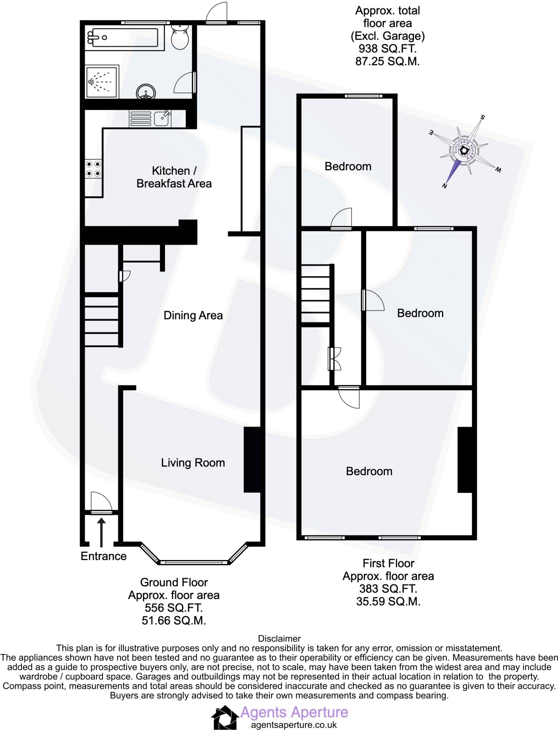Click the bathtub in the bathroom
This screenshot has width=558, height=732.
tap(122, 37)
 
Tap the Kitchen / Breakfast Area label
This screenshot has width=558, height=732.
tap(174, 177)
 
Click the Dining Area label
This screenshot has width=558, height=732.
tap(193, 315)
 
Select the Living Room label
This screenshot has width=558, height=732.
tap(193, 463)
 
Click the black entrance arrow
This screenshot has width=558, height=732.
tap(102, 532)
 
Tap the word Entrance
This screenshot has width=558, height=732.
tap(103, 556)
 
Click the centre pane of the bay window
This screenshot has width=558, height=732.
tap(193, 563)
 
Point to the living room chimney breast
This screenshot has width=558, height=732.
tap(252, 460)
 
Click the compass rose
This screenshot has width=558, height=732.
tap(464, 151)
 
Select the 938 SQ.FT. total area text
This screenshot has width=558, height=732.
tap(387, 49)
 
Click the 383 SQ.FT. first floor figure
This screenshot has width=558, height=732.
tap(388, 589)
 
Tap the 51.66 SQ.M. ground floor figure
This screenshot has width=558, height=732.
tap(174, 620)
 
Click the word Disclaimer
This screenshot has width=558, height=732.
tap(279, 638)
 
